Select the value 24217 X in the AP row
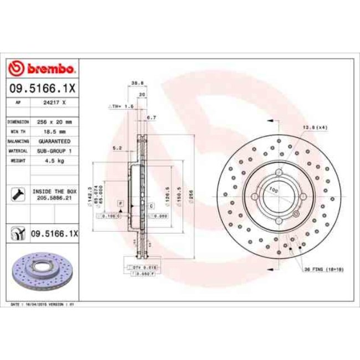point(55,102)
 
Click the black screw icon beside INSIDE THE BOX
point(17,194)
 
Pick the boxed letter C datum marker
point(151,205)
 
